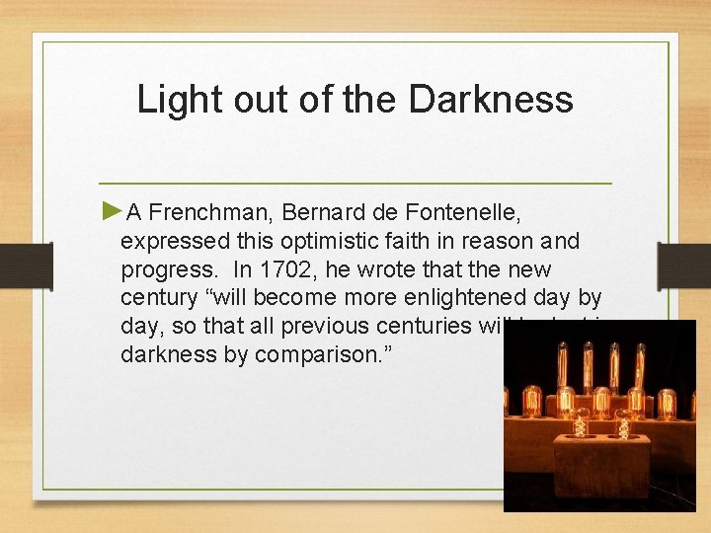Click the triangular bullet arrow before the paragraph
(x=112, y=210)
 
